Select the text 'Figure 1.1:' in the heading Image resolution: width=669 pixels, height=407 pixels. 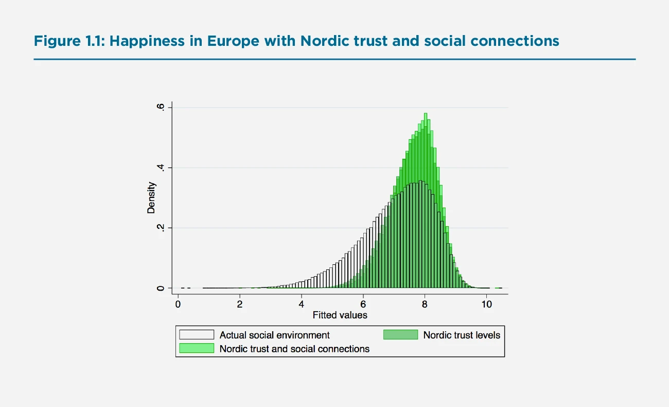click(x=69, y=41)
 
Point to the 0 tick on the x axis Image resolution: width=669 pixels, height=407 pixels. click(x=178, y=304)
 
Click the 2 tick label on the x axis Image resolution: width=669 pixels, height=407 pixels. click(x=240, y=304)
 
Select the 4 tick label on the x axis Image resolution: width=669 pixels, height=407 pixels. click(x=302, y=304)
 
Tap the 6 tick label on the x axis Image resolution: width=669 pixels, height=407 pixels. click(x=363, y=304)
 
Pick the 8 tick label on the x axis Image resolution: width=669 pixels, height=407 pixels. click(x=425, y=304)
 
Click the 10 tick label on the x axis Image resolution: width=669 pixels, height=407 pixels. click(x=486, y=304)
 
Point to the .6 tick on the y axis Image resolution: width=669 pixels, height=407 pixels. click(x=161, y=107)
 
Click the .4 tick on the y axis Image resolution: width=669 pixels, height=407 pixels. click(x=161, y=167)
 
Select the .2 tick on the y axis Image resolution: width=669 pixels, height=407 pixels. click(x=161, y=228)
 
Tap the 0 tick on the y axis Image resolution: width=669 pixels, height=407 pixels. click(x=161, y=288)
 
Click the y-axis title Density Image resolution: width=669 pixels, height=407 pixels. click(x=151, y=198)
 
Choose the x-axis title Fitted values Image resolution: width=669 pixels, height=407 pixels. click(x=340, y=315)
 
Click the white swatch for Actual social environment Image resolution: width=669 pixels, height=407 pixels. click(x=196, y=335)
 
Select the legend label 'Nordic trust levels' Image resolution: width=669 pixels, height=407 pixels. click(x=462, y=335)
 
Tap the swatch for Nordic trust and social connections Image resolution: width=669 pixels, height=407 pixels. click(x=196, y=349)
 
